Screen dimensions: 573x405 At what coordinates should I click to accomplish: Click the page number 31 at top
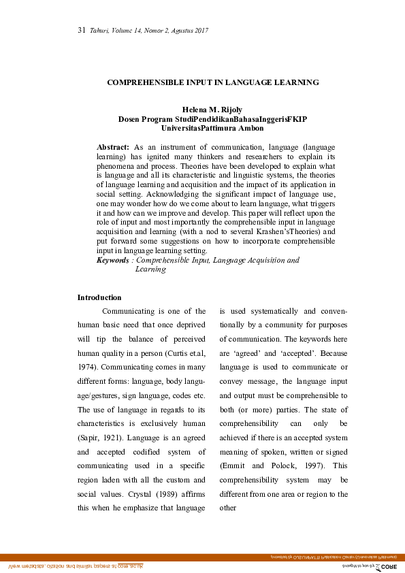pos(81,31)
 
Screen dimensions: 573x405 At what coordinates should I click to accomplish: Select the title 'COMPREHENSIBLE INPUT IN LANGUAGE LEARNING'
pos(213,82)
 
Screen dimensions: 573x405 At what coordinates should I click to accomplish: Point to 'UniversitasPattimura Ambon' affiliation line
pos(212,127)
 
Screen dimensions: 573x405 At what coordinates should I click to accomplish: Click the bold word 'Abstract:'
pos(113,147)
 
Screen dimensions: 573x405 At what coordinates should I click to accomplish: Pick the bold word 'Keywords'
pos(112,260)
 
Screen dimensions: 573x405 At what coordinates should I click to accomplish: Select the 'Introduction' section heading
pos(99,297)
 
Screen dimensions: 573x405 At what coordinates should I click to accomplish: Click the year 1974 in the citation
pos(88,368)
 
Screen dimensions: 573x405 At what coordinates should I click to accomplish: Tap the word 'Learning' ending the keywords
pos(150,269)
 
